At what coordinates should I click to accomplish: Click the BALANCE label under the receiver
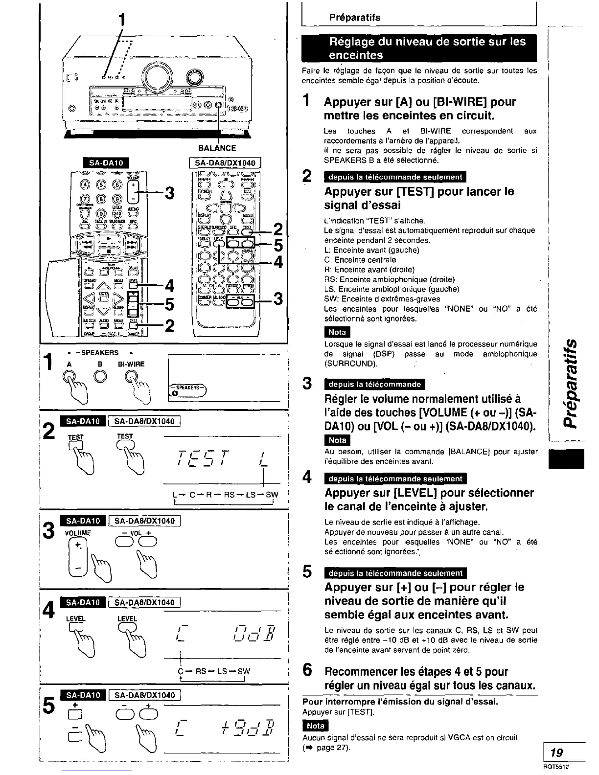coord(217,148)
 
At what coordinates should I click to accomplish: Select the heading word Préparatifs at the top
coord(354,18)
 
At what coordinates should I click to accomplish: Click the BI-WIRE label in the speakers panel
coord(132,364)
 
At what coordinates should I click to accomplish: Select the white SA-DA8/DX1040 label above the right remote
coord(222,163)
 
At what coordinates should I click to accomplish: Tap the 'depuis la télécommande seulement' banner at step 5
coord(395,573)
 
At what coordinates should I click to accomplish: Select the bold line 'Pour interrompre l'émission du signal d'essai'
coord(400,702)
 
